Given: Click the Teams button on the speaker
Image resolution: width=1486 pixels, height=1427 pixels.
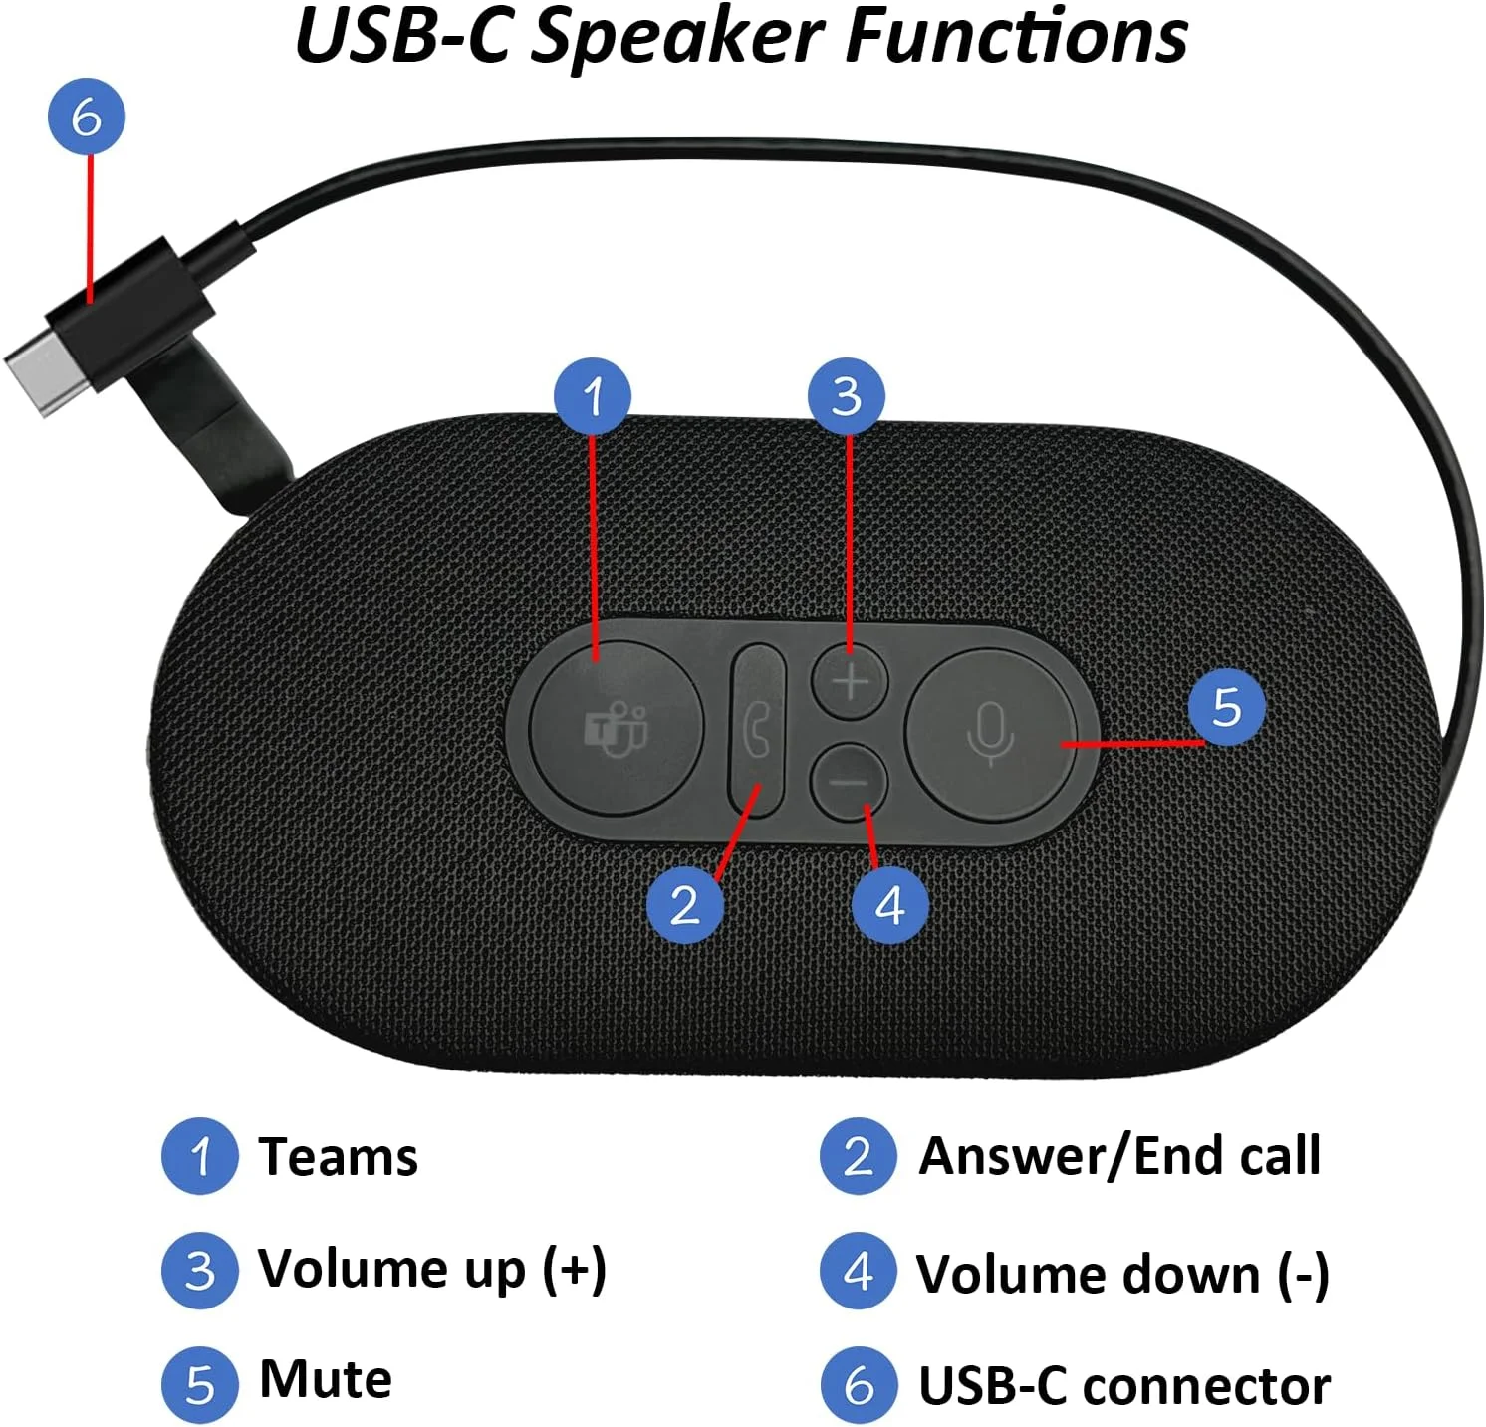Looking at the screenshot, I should click(x=615, y=728).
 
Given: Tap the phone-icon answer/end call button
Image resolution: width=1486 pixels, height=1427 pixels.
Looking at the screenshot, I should click(x=758, y=729).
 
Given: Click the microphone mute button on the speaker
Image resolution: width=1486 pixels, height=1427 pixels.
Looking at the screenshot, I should click(x=991, y=735).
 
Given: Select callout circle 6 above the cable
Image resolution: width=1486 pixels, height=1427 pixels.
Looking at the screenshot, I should click(x=87, y=117).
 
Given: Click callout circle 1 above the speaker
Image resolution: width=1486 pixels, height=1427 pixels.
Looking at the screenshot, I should click(x=593, y=396).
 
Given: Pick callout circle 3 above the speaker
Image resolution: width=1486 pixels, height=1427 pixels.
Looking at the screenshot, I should click(x=847, y=396).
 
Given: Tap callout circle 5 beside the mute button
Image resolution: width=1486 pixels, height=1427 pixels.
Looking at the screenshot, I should click(x=1226, y=706).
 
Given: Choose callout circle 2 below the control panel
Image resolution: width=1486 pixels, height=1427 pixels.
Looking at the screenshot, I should click(x=684, y=905).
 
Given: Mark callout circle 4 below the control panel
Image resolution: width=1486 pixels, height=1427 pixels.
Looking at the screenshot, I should click(x=889, y=905).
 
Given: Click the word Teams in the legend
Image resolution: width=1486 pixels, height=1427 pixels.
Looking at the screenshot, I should click(x=338, y=1157).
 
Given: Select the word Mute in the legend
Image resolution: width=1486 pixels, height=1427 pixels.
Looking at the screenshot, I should click(x=325, y=1380).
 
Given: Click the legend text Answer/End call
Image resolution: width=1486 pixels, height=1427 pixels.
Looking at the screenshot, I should click(x=1119, y=1157).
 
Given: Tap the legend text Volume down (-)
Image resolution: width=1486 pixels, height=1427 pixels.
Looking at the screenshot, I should click(x=1122, y=1274).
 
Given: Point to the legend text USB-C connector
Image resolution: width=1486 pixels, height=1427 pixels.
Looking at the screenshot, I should click(x=1123, y=1386).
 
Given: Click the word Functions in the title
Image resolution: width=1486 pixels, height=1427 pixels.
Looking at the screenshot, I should click(x=1016, y=36).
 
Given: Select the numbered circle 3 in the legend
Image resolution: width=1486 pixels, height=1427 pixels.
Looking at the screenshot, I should click(x=200, y=1270).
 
